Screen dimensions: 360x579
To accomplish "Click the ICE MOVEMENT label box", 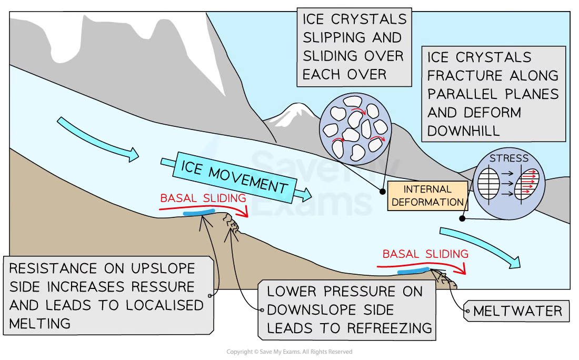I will [234, 177].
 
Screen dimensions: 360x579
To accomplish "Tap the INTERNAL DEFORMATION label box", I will [427, 195].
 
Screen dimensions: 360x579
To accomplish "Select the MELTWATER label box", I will [517, 311].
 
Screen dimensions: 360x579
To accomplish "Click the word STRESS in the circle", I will [508, 158].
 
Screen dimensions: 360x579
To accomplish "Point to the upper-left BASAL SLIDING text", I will [203, 198].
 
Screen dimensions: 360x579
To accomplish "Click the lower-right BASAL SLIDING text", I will [425, 254].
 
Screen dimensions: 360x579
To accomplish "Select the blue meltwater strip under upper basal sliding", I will [198, 212].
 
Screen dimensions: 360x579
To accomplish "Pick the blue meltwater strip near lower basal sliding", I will [413, 271].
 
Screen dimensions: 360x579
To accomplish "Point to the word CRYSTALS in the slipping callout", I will [371, 19].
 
